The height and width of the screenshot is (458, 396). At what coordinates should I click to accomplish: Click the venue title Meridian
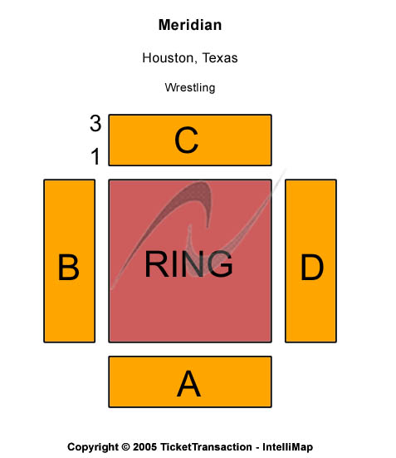pyautogui.click(x=190, y=25)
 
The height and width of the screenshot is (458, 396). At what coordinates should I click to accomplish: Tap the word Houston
pyautogui.click(x=168, y=58)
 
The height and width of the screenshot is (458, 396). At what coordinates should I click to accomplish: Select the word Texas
pyautogui.click(x=220, y=58)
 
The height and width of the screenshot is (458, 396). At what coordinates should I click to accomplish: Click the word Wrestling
pyautogui.click(x=190, y=87)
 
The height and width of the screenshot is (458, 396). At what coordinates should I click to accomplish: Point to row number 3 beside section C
pyautogui.click(x=95, y=123)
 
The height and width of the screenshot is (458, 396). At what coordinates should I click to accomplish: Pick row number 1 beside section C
pyautogui.click(x=95, y=156)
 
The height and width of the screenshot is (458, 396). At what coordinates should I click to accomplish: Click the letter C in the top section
pyautogui.click(x=186, y=140)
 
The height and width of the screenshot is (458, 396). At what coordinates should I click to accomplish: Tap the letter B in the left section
pyautogui.click(x=68, y=267)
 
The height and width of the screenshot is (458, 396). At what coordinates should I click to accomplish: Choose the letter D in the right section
pyautogui.click(x=312, y=267)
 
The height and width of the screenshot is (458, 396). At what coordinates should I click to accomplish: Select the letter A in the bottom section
pyautogui.click(x=188, y=383)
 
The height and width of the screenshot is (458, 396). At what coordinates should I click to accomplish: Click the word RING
pyautogui.click(x=188, y=263)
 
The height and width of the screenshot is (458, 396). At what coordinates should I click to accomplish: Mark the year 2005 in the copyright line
pyautogui.click(x=144, y=447)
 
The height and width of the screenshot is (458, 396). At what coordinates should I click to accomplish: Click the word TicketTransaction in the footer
pyautogui.click(x=206, y=447)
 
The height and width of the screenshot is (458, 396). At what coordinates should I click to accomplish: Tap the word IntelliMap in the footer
pyautogui.click(x=287, y=447)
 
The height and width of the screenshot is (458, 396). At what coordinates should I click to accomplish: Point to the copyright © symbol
pyautogui.click(x=125, y=447)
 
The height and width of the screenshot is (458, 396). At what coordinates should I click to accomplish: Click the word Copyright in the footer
pyautogui.click(x=93, y=447)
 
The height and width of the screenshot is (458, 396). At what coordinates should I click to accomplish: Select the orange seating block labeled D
pyautogui.click(x=310, y=261)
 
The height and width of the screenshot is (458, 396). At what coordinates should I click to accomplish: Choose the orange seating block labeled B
pyautogui.click(x=70, y=261)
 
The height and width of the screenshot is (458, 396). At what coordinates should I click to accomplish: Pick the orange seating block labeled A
pyautogui.click(x=190, y=382)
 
